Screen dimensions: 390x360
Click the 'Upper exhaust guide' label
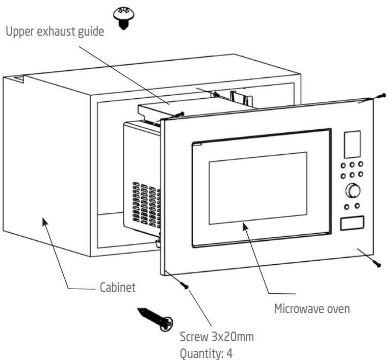point(55,32)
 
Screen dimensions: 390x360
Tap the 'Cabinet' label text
point(118,287)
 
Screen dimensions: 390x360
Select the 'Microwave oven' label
point(312,309)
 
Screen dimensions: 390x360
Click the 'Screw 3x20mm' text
point(217,337)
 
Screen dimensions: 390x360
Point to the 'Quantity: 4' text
point(206,353)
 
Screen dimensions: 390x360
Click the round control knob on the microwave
point(353,190)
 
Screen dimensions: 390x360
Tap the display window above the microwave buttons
point(352,144)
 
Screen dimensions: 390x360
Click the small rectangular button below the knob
point(352,223)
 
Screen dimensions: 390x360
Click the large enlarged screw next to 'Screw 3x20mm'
point(155,319)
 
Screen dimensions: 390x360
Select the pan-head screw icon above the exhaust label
point(123,18)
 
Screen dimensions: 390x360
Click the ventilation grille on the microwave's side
point(146,205)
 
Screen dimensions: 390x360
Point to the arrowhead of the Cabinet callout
point(45,221)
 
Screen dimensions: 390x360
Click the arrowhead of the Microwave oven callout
point(246,227)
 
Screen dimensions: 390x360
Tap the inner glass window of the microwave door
point(258,188)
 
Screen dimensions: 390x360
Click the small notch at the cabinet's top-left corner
point(19,79)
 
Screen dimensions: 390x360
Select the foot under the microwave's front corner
point(158,243)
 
